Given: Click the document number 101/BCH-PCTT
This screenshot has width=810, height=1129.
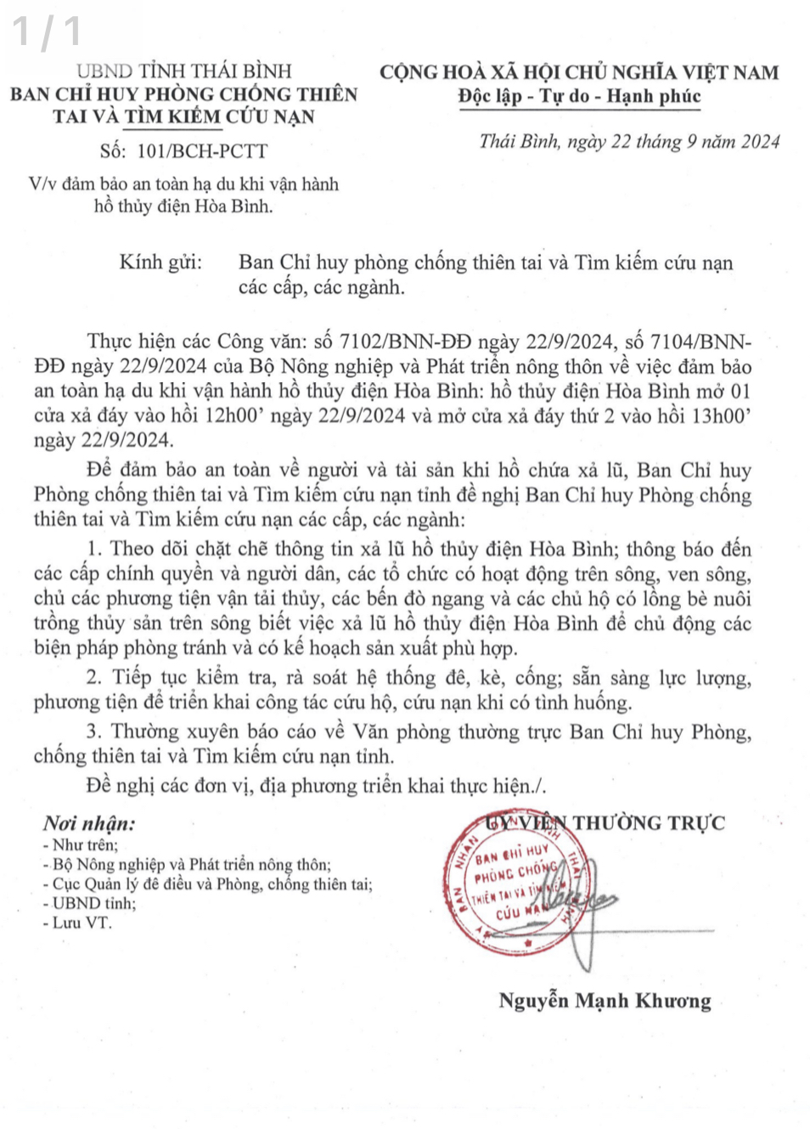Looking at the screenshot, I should [201, 151].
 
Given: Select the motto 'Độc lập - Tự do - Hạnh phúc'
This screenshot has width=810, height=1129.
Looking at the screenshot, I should [579, 96].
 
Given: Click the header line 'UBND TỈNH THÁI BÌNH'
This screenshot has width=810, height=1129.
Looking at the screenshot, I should [183, 71].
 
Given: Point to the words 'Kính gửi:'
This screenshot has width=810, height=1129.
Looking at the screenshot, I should [160, 262].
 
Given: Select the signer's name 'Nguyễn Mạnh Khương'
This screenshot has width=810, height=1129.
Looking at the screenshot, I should [605, 1001].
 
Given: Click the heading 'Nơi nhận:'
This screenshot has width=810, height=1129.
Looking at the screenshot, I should [89, 823].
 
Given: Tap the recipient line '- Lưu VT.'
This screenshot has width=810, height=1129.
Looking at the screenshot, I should [77, 923].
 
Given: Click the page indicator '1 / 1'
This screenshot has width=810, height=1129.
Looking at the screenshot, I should [47, 31].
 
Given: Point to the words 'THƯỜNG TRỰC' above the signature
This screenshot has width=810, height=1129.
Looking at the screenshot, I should [649, 822].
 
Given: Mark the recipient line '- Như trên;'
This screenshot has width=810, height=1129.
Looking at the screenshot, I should [81, 844].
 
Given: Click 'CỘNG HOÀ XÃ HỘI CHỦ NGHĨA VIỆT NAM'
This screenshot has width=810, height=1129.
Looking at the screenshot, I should [579, 72].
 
